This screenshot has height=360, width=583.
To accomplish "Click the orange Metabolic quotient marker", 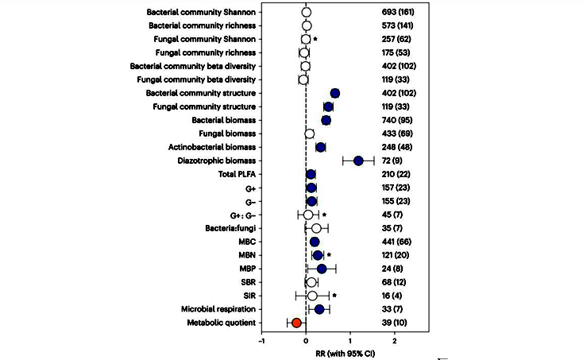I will click(x=296, y=323).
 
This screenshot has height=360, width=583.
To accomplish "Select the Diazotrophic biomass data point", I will click(x=358, y=161).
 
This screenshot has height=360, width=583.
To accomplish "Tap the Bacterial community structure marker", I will click(x=334, y=93).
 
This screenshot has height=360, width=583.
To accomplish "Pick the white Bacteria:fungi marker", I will click(x=316, y=228).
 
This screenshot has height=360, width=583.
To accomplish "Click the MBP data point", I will click(x=322, y=269).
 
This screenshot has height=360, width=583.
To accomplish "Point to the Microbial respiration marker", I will click(x=319, y=309).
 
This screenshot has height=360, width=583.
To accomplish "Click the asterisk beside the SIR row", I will click(x=334, y=296).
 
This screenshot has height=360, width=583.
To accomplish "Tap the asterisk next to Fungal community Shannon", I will click(x=315, y=39).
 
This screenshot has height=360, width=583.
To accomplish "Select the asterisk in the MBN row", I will click(x=328, y=255).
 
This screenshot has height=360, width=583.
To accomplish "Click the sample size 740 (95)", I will click(x=398, y=120).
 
